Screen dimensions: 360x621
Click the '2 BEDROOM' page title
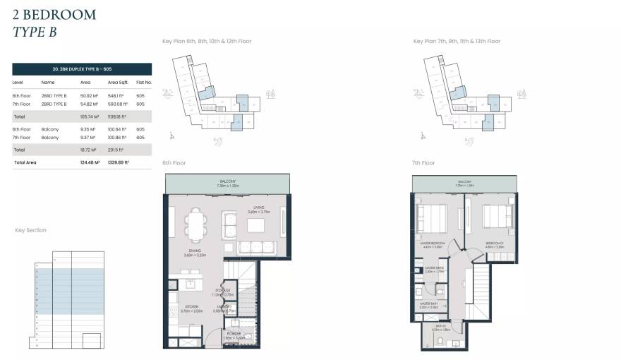point(54,14)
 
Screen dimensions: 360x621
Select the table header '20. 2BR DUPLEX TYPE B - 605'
point(82,69)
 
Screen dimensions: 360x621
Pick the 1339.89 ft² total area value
point(116,162)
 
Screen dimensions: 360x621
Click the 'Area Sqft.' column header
point(117,83)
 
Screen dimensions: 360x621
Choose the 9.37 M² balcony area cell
point(89,138)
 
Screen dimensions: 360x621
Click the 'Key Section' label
point(30,230)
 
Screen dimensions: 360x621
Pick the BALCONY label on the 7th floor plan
point(465,181)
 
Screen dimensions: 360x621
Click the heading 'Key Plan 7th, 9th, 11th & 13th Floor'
point(457,42)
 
